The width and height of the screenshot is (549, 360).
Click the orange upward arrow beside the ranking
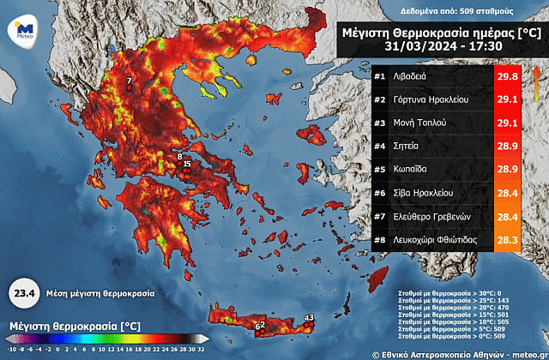point(536,85)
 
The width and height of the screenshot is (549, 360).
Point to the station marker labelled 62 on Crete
point(258,327)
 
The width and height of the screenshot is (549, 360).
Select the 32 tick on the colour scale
point(201,349)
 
